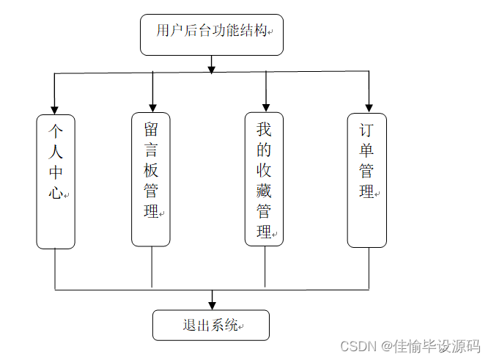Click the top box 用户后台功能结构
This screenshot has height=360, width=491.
212,34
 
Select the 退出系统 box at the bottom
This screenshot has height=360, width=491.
211,326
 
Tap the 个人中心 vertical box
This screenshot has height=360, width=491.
56,182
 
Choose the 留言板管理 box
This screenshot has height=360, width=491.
151,180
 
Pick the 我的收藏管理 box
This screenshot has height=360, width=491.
265,179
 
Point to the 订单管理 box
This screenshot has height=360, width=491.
367,180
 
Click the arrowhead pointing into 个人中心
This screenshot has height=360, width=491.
54,111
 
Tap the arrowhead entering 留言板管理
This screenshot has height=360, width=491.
152,109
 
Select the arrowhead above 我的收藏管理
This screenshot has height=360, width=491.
266,108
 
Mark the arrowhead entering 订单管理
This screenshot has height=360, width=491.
369,109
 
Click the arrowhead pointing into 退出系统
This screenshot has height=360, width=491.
213,306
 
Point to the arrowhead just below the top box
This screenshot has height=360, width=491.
212,70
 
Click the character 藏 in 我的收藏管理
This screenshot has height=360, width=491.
264,191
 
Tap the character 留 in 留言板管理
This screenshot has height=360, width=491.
151,129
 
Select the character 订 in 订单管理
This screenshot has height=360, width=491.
366,130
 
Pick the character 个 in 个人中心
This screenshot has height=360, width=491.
56,131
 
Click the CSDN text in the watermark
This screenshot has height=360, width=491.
358,347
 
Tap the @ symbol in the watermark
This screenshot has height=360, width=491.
387,347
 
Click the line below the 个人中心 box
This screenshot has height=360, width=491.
55,270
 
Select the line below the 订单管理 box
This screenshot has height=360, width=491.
369,268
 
